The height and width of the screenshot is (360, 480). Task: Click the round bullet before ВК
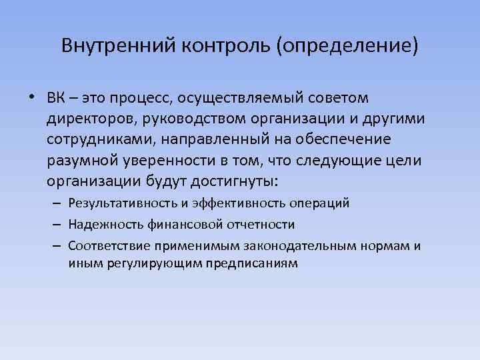[x=33, y=99]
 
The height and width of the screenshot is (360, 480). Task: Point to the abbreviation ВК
[x=57, y=99]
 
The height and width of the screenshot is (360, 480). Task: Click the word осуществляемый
[x=245, y=99]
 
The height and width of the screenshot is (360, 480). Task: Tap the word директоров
[x=86, y=119]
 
